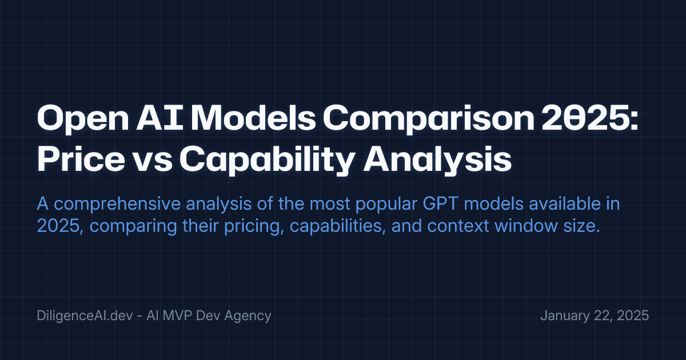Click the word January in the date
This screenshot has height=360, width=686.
click(563, 315)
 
